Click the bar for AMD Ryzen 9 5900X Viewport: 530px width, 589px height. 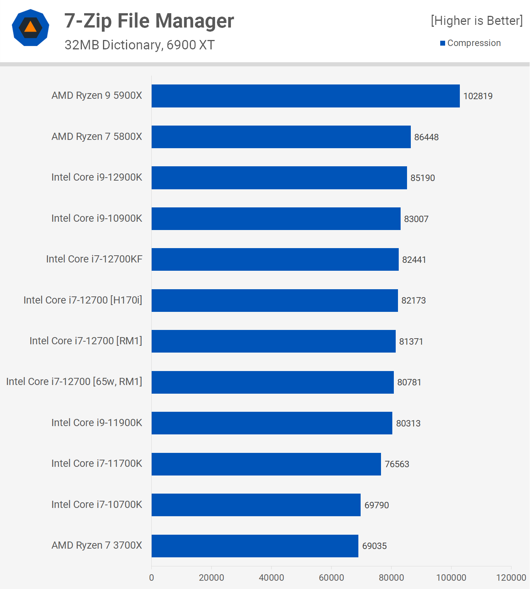[306, 96]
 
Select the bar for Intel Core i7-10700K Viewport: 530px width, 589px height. [256, 505]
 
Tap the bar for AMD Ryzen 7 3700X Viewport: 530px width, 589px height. [255, 546]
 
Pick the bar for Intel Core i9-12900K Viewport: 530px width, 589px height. [279, 178]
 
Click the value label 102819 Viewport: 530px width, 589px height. [478, 96]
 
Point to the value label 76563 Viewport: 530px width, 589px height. [397, 464]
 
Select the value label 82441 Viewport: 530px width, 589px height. [414, 260]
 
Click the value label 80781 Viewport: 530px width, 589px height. [409, 382]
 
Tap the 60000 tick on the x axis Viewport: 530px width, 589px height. [331, 578]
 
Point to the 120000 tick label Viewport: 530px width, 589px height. [511, 578]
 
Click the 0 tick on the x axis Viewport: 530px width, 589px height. [152, 578]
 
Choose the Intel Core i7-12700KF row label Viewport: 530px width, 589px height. [94, 259]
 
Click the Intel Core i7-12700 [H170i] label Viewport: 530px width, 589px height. [83, 300]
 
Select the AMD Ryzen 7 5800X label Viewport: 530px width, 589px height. [97, 137]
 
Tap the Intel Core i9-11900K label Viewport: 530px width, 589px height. [97, 423]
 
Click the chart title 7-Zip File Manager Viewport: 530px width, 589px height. [149, 21]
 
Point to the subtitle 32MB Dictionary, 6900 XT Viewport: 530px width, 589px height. [139, 45]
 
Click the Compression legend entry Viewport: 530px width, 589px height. [473, 43]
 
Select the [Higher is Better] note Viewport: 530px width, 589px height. [476, 21]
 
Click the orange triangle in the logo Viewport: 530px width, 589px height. [31, 27]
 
